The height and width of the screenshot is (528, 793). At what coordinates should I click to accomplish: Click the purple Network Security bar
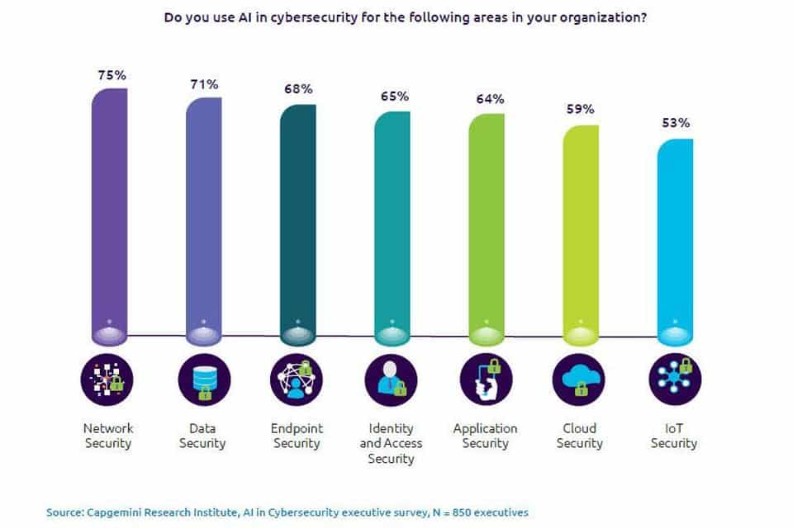(x=108, y=210)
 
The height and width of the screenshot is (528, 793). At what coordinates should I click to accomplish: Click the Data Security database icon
(x=203, y=380)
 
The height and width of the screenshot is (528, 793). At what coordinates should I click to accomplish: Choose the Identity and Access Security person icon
(x=392, y=380)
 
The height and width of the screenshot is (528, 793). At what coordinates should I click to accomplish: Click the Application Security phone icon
(x=486, y=380)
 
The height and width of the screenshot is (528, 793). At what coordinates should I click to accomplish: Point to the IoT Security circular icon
(x=674, y=380)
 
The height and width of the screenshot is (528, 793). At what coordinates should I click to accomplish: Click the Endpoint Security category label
(x=297, y=436)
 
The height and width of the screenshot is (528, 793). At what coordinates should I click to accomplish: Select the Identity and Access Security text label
(x=392, y=443)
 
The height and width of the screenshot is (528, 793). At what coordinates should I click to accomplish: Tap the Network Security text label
(x=108, y=436)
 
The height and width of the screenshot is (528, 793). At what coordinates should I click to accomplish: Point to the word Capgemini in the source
(x=114, y=512)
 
